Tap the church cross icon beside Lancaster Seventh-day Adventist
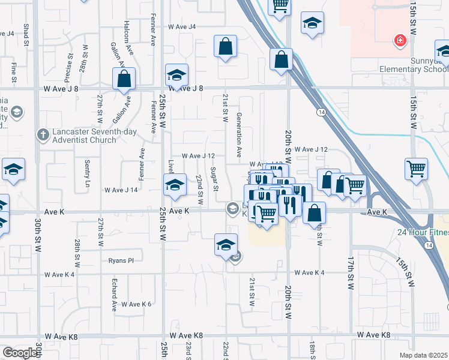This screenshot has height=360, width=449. (x=42, y=135)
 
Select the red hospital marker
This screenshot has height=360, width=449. (x=399, y=41)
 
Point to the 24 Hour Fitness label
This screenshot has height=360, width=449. (x=422, y=232)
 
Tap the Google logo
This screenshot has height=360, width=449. (x=20, y=353)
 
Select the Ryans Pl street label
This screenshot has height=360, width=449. (x=121, y=260)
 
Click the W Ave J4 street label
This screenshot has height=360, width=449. (x=182, y=27)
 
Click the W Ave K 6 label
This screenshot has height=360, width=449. (x=136, y=304)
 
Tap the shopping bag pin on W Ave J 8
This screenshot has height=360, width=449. (x=124, y=79)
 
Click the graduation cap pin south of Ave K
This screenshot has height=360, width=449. (x=226, y=245)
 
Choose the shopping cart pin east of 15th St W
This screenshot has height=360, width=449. (x=415, y=169)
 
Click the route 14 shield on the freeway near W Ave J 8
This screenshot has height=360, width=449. (x=322, y=112)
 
